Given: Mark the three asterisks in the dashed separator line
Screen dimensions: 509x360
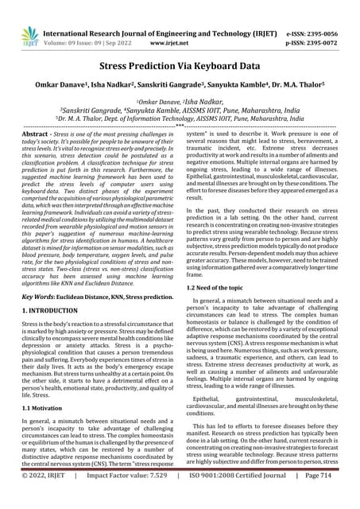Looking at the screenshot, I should [x=180, y=127].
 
